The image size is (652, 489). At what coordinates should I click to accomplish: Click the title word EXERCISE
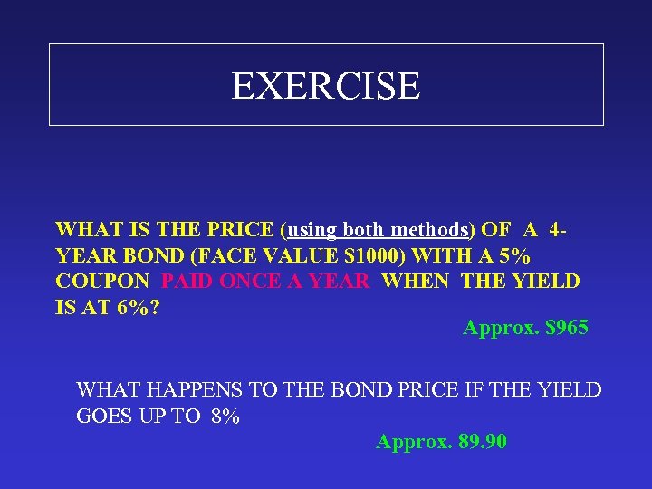[326, 86]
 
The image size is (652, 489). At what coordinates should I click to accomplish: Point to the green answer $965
[568, 328]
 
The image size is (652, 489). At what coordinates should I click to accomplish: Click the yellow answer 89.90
[481, 442]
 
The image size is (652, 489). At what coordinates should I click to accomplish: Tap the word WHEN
[417, 281]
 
